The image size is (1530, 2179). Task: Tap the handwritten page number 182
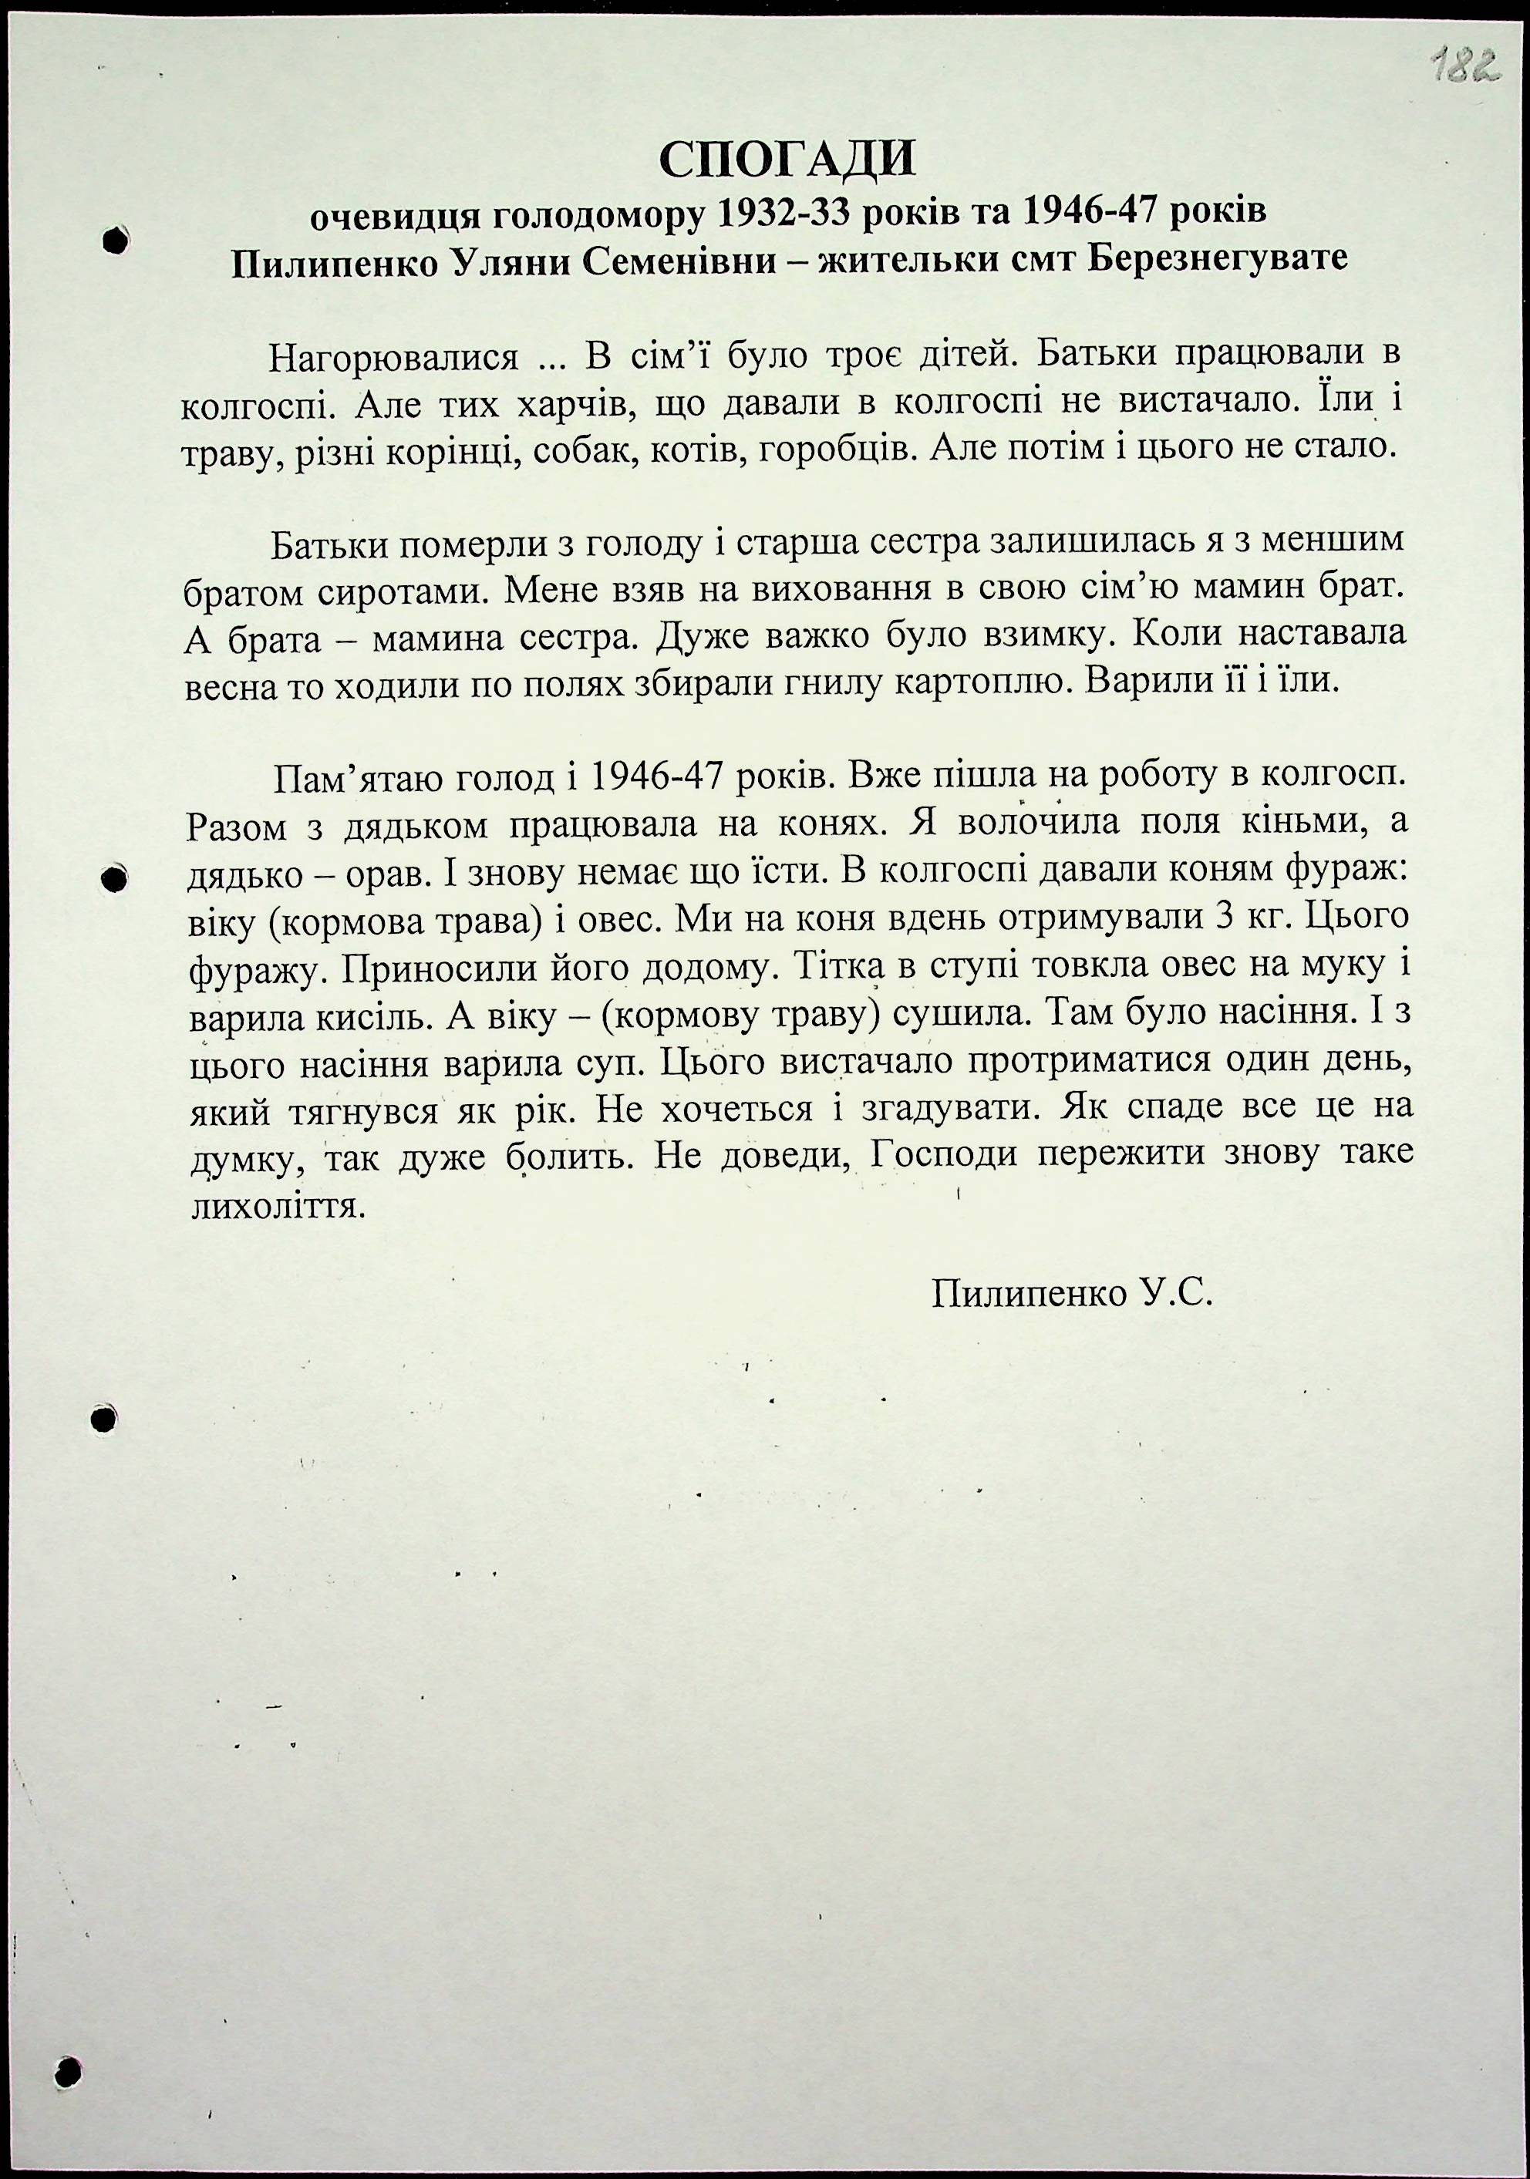point(1459,69)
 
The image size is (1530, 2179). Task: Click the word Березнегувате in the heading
point(1217,258)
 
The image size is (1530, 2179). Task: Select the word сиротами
point(403,591)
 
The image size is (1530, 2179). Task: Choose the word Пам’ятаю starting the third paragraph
point(359,780)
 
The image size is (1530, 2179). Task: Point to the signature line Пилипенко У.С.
point(1073,1292)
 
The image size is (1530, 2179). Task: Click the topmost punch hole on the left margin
point(115,240)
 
